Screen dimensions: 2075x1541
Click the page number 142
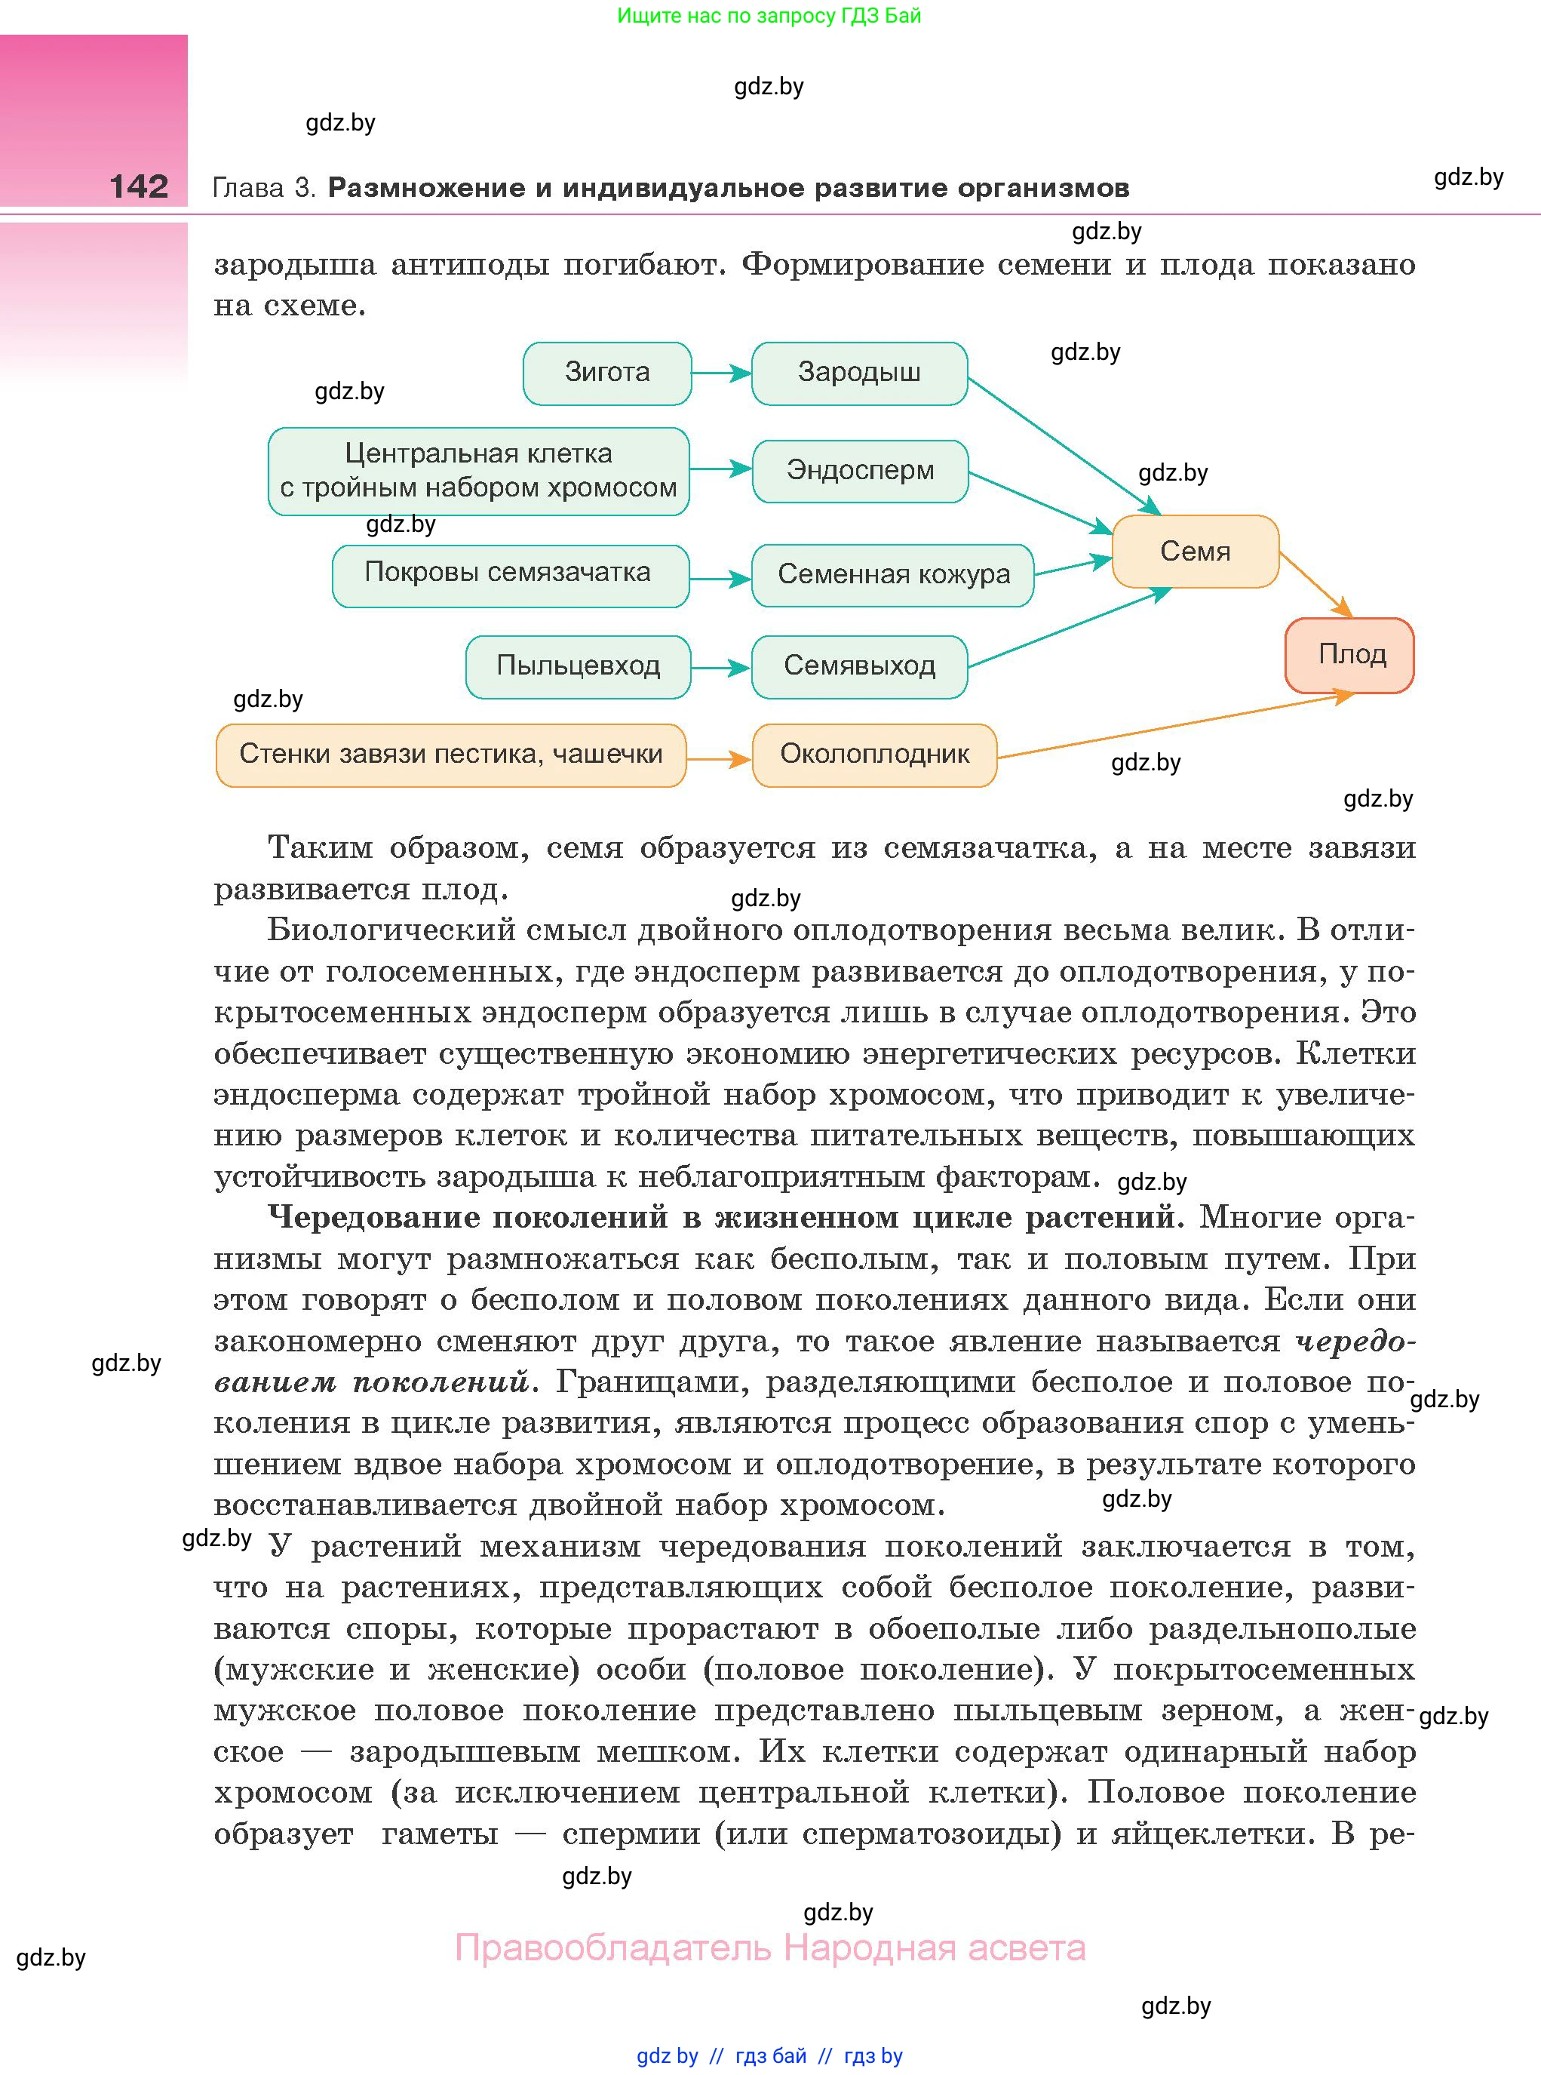138,186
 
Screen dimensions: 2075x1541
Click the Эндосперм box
859,470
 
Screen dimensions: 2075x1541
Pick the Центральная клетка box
477,470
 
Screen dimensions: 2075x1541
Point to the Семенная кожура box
893,575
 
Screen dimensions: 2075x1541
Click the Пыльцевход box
578,666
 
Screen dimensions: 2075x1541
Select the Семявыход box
858,666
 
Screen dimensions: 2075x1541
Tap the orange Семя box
1194,552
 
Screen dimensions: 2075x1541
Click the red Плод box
1349,654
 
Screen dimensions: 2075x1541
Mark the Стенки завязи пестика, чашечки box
450,754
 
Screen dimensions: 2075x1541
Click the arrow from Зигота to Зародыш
720,373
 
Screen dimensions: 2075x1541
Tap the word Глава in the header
248,189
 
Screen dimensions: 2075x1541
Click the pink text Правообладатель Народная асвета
769,1948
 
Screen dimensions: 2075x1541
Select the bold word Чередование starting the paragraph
371,1218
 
